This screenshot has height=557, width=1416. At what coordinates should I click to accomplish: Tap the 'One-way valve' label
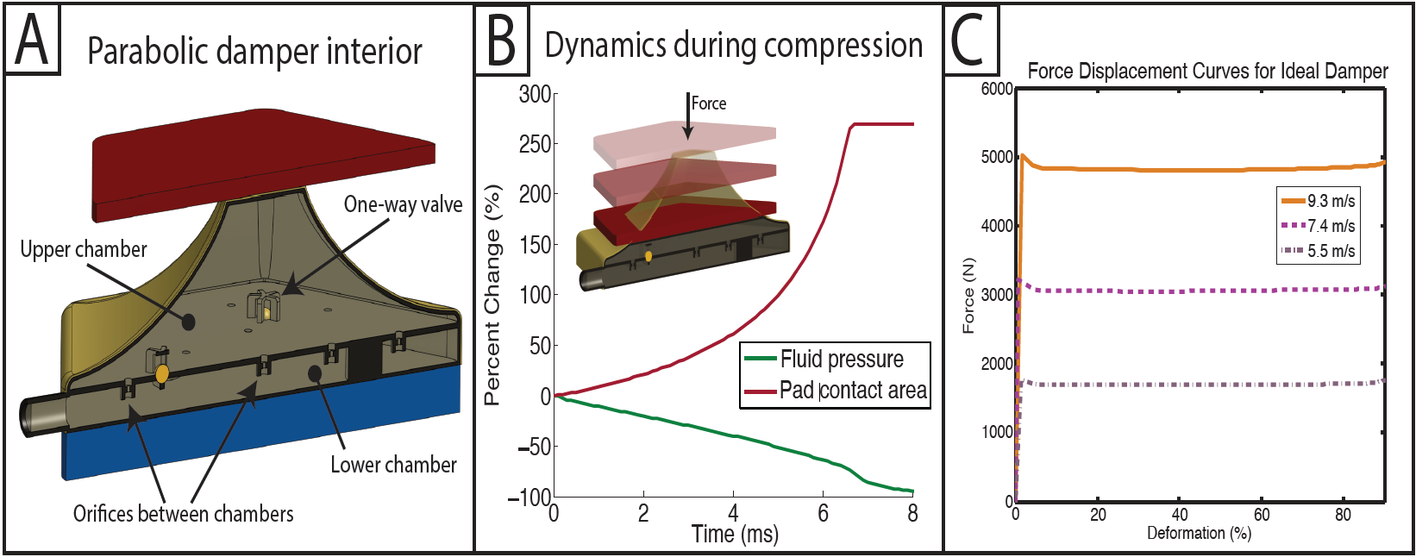(x=403, y=204)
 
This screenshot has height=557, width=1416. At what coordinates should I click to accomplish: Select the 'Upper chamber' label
(x=84, y=249)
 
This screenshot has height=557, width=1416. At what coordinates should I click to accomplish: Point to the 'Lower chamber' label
(x=393, y=465)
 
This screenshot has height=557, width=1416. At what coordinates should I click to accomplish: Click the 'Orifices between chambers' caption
(x=183, y=514)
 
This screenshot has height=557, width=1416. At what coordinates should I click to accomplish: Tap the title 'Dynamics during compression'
(x=733, y=45)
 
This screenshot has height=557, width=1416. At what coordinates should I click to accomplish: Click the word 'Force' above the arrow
(x=709, y=103)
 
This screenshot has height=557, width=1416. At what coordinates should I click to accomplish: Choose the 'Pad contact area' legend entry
(x=852, y=391)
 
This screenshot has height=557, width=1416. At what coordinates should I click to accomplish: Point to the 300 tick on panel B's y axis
(x=535, y=94)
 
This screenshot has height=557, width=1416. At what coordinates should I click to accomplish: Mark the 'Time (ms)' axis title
(x=735, y=534)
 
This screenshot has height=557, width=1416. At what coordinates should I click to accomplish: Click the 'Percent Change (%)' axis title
(x=492, y=294)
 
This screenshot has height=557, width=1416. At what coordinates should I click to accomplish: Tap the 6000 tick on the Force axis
(x=997, y=89)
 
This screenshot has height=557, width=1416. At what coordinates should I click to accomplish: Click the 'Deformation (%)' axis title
(x=1199, y=533)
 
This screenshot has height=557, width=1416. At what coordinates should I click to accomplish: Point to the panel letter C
(x=968, y=40)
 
